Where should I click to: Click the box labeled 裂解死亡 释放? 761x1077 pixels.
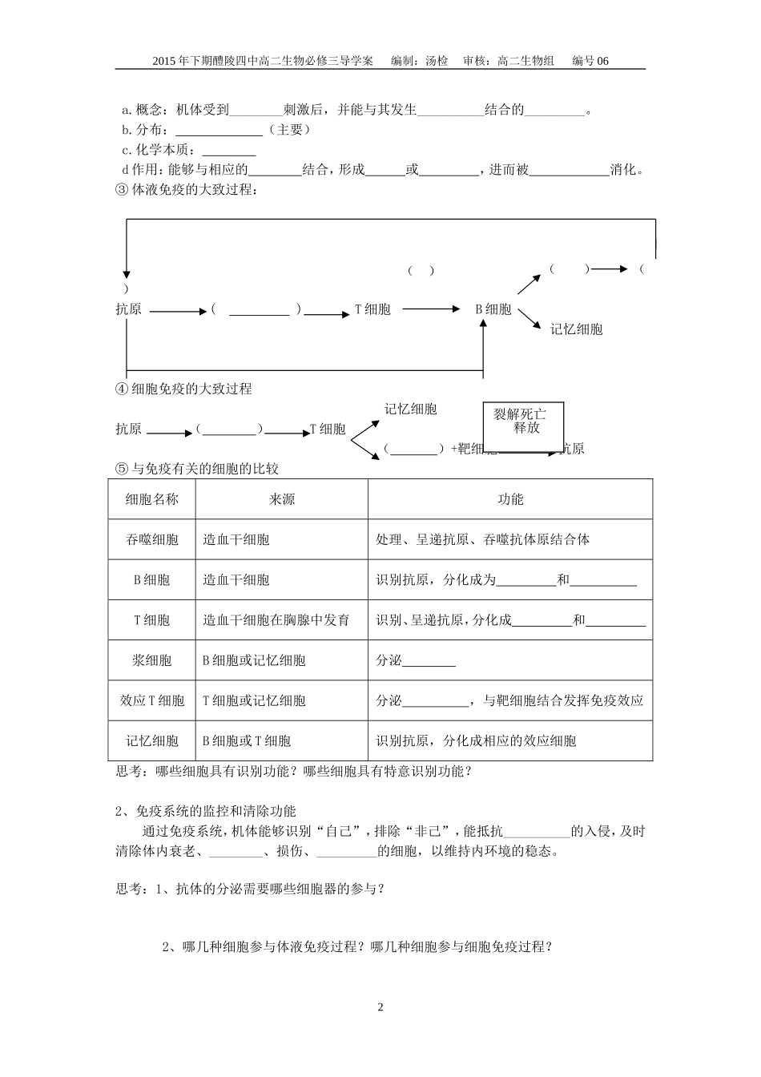[523, 426]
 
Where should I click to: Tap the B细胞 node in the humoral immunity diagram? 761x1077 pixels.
[493, 309]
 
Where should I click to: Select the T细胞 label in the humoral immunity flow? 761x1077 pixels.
[372, 309]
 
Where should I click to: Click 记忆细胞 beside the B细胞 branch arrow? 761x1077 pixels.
[576, 329]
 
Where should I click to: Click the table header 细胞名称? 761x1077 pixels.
[152, 499]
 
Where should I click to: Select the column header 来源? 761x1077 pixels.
[281, 499]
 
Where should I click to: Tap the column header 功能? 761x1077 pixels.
[510, 499]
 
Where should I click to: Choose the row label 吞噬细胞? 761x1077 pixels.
[152, 539]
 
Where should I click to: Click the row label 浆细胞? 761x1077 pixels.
[152, 660]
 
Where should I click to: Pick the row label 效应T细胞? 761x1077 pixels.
[152, 700]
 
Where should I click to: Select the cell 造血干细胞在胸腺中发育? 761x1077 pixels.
[276, 619]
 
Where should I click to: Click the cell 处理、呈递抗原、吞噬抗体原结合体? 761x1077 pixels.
[482, 539]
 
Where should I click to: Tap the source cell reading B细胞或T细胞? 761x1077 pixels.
[247, 741]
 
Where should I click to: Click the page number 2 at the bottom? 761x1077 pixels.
[380, 1007]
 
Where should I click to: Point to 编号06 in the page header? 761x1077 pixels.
[590, 61]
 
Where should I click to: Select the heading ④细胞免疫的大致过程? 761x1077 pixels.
[184, 389]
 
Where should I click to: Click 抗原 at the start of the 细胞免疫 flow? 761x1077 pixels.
[128, 430]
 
